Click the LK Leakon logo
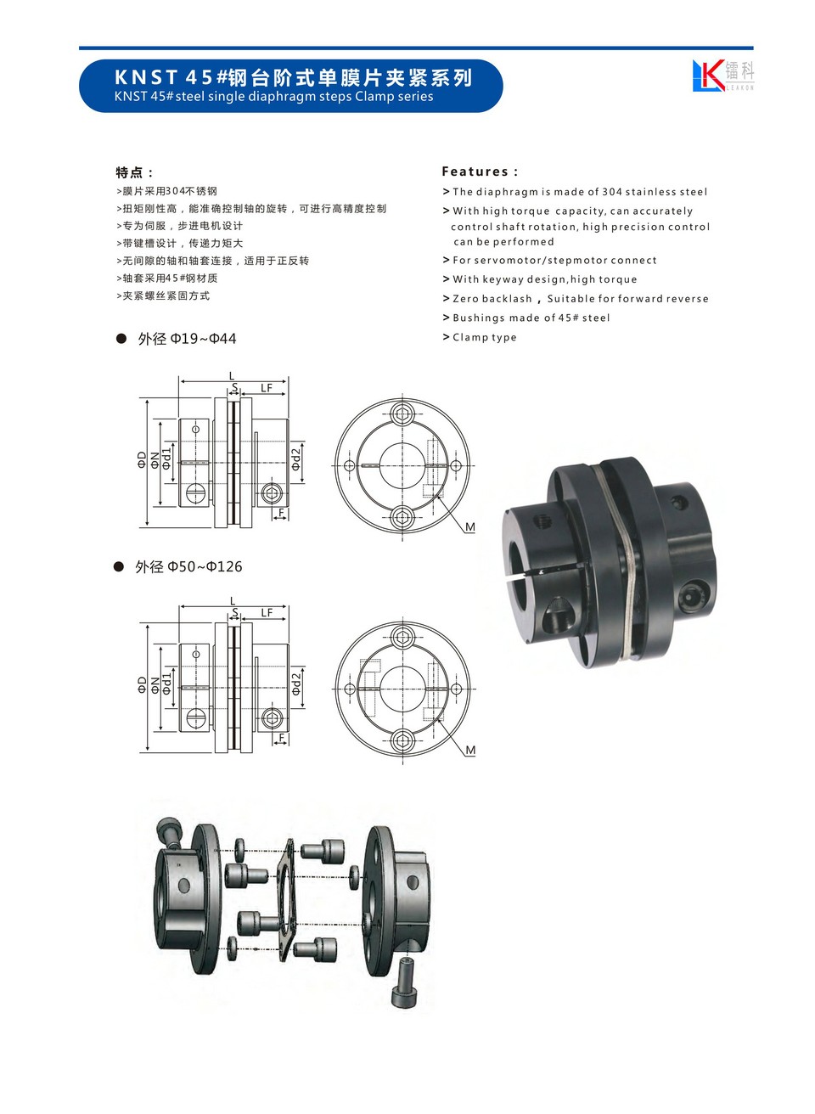[x=722, y=76]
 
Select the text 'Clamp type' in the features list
[x=484, y=337]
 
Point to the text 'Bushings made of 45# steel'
[x=531, y=318]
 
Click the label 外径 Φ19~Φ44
[x=187, y=339]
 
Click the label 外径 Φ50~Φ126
[x=188, y=566]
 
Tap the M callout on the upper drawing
[x=469, y=526]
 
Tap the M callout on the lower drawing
[x=470, y=750]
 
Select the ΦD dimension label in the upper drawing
[x=143, y=459]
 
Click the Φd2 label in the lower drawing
[x=296, y=684]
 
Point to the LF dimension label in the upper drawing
[x=267, y=388]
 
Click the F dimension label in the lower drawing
[x=282, y=737]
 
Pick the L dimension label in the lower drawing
[x=233, y=602]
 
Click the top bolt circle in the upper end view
[x=402, y=414]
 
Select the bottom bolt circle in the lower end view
[x=402, y=740]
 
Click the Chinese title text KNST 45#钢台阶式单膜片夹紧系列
[x=294, y=77]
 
